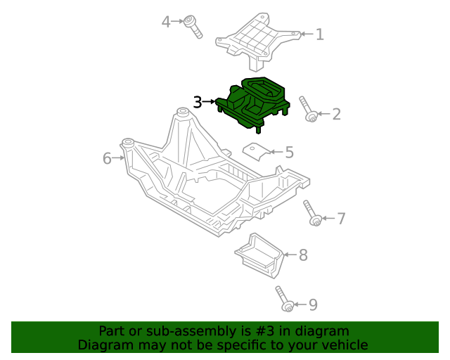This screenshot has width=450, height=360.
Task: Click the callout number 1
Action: pyautogui.click(x=320, y=34)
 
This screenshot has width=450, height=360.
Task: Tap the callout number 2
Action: pyautogui.click(x=336, y=113)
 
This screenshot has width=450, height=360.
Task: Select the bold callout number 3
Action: pyautogui.click(x=198, y=102)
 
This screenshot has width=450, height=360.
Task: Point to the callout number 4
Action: pyautogui.click(x=166, y=22)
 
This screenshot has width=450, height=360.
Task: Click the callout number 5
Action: pyautogui.click(x=289, y=152)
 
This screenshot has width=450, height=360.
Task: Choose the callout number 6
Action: pyautogui.click(x=107, y=158)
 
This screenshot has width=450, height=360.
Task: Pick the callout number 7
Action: pyautogui.click(x=341, y=219)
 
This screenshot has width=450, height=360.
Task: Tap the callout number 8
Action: pyautogui.click(x=303, y=255)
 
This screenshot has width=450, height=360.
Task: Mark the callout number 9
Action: pyautogui.click(x=313, y=304)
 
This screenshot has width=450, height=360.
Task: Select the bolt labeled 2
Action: pyautogui.click(x=308, y=109)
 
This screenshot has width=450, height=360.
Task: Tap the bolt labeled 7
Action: pyautogui.click(x=312, y=213)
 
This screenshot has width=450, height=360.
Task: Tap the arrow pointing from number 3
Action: pyautogui.click(x=210, y=102)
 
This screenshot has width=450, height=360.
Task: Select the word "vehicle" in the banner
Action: pyautogui.click(x=343, y=345)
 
